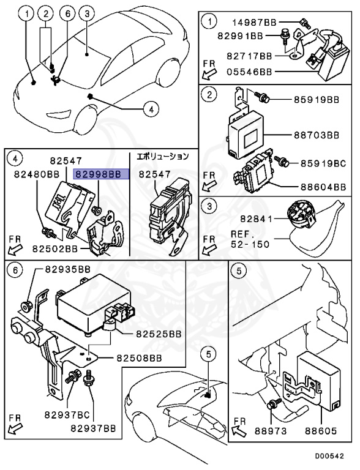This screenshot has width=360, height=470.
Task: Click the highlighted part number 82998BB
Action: (98, 174)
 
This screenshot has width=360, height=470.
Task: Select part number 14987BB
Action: (255, 22)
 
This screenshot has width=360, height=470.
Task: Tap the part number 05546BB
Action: (249, 72)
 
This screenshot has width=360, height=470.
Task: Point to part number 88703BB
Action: (317, 135)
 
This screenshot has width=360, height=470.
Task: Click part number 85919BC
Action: (323, 163)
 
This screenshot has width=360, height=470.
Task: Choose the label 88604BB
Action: (323, 187)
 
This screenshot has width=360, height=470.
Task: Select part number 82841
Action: (256, 219)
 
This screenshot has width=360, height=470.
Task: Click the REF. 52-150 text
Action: (250, 239)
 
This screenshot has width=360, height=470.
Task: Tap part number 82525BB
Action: (159, 334)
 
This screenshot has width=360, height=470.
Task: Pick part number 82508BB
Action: (139, 358)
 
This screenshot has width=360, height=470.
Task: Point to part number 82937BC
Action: (67, 415)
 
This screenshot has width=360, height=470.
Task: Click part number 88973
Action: (271, 431)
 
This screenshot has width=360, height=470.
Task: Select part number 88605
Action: (321, 431)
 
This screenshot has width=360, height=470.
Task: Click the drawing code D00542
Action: (329, 456)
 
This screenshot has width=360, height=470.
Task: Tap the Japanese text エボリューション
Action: (163, 156)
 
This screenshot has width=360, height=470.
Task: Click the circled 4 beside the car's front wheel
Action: (151, 109)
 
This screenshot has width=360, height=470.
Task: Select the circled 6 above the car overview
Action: (68, 13)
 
